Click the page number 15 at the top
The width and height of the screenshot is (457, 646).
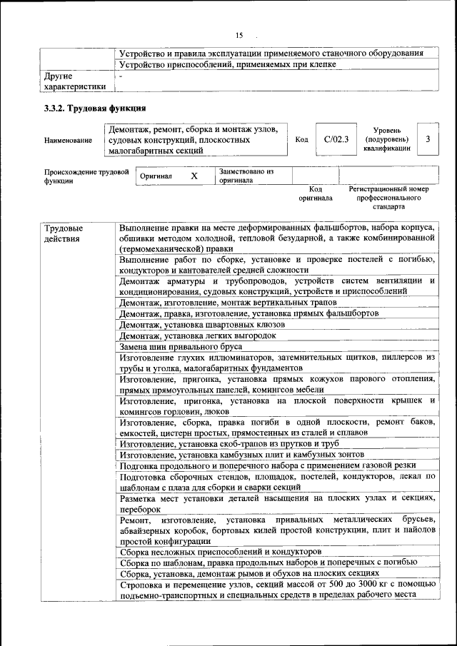[239, 35]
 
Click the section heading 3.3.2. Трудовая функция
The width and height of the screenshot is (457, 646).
[95, 108]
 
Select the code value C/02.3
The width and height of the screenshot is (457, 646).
[335, 139]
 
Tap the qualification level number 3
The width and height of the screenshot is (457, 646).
[427, 139]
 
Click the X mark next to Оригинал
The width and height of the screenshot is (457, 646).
[194, 175]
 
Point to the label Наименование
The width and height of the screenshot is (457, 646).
[68, 141]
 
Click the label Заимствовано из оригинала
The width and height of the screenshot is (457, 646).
[246, 176]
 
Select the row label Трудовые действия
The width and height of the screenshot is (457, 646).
[63, 233]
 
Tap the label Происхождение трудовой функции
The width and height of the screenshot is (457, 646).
[86, 176]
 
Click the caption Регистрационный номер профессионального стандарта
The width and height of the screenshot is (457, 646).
[389, 200]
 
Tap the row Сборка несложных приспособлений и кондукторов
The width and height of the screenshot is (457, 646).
[221, 552]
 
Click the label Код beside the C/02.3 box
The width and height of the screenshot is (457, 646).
[301, 140]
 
